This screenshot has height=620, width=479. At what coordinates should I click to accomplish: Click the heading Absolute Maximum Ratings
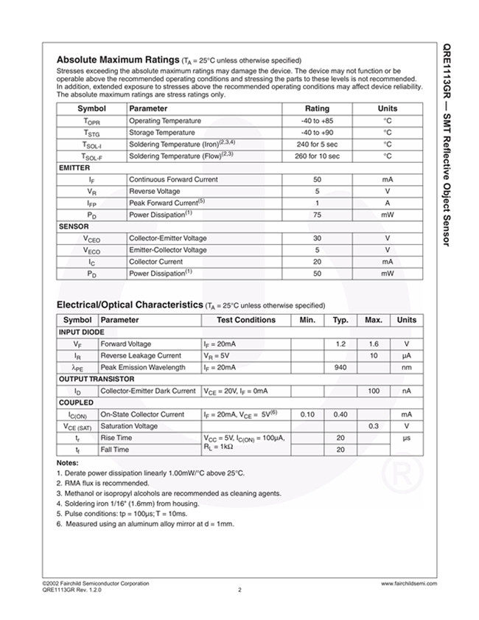click(x=117, y=60)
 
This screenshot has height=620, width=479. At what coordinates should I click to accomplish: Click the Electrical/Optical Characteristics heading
click(x=129, y=304)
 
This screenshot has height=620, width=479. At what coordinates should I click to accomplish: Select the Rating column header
click(x=317, y=108)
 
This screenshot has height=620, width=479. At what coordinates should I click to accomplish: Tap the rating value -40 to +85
click(x=317, y=121)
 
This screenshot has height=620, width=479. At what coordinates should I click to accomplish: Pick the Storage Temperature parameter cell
click(x=164, y=133)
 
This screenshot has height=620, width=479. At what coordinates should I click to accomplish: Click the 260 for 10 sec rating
click(x=317, y=156)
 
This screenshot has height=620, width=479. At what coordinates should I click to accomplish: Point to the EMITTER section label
click(x=74, y=168)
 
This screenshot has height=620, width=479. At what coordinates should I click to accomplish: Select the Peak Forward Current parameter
click(x=167, y=203)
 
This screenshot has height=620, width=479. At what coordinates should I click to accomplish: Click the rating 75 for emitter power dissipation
click(x=317, y=215)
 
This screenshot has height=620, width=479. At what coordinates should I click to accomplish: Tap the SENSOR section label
click(x=73, y=226)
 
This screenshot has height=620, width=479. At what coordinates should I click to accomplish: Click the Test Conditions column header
click(x=246, y=320)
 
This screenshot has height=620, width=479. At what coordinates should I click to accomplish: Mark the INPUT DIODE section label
click(x=82, y=332)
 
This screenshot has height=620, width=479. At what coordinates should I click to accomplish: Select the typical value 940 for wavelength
click(x=340, y=367)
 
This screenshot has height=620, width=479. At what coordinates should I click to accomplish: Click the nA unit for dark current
click(x=406, y=391)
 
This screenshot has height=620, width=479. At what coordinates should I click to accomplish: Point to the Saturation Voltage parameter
click(x=129, y=426)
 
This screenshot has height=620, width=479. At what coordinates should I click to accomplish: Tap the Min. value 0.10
click(x=307, y=414)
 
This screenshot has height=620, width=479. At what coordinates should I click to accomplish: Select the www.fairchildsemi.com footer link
click(x=409, y=583)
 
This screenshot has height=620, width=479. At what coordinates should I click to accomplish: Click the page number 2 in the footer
click(x=239, y=589)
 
